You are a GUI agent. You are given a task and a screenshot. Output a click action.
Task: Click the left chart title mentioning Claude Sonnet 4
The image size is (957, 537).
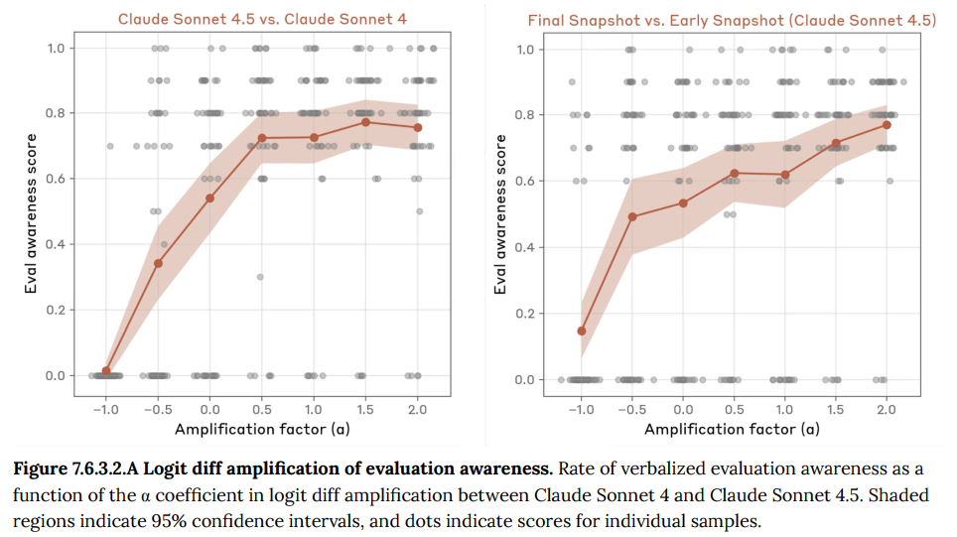coord(263,18)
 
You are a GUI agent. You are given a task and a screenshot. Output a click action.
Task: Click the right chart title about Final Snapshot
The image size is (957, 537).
coord(732,19)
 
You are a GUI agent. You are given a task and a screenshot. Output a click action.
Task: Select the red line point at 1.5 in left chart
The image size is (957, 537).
coord(365,122)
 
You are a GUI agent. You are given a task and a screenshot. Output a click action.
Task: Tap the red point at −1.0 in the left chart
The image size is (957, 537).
coord(106,371)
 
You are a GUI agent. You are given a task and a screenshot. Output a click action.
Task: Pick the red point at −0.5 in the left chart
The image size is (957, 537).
coord(158,263)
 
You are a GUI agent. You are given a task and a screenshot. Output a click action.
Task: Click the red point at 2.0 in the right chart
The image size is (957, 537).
coord(887,124)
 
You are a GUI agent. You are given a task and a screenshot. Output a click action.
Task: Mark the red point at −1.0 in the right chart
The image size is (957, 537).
coord(582,331)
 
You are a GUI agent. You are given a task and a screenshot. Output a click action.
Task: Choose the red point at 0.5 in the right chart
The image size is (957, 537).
coord(734,173)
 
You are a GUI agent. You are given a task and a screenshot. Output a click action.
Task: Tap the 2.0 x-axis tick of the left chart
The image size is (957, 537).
coord(417,408)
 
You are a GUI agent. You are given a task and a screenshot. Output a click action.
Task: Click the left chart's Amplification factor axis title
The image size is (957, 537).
coord(262,429)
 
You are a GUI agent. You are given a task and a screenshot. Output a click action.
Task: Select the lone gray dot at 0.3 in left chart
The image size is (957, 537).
coord(260,277)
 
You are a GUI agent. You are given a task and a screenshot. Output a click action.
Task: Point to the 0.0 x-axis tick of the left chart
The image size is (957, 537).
coord(209,408)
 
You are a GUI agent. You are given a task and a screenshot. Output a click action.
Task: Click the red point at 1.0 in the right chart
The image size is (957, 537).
coord(784,175)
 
